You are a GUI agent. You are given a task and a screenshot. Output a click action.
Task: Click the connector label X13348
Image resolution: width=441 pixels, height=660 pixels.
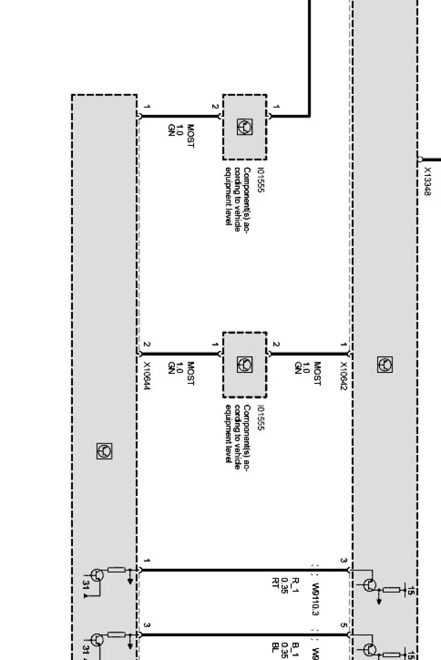coord(427,181)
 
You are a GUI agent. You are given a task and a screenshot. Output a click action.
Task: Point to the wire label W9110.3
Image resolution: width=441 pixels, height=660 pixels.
coord(316,599)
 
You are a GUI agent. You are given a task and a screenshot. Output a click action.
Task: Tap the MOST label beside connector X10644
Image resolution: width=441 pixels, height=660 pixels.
coord(190,374)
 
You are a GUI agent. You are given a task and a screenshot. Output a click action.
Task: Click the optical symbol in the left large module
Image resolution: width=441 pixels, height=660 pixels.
coord(104,451)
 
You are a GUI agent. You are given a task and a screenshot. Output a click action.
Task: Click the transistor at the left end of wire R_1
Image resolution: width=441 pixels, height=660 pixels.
coord(97,575)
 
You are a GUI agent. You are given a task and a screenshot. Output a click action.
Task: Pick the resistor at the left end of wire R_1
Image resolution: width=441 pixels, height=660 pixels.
coord(117,569)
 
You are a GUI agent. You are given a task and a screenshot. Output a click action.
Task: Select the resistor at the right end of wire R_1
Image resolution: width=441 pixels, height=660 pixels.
coord(391,590)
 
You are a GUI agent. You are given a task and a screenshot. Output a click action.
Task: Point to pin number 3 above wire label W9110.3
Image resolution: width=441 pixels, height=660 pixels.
coord(344,561)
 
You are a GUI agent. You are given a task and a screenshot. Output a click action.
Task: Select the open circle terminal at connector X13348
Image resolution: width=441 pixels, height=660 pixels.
coord(420,159)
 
